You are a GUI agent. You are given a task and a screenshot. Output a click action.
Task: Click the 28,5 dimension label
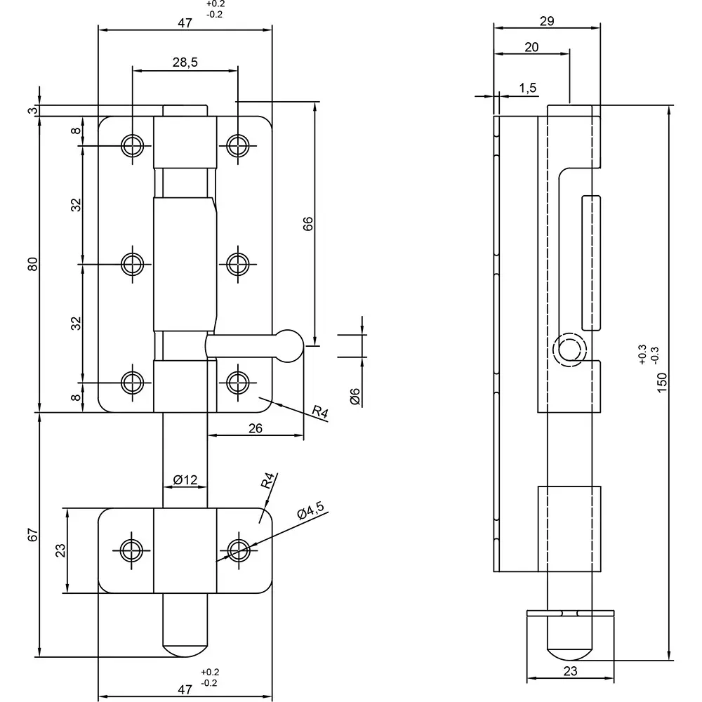tap(185, 62)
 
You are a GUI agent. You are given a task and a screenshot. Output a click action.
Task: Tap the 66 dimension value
tap(307, 223)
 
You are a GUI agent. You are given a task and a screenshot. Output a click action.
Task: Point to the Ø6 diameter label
tap(355, 396)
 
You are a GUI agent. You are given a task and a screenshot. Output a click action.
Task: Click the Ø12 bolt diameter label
tap(185, 480)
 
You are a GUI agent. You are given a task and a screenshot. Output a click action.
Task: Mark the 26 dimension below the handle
tap(255, 428)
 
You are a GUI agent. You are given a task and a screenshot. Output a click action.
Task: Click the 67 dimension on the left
tap(32, 534)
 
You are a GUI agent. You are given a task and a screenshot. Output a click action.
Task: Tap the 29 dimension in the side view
tap(547, 21)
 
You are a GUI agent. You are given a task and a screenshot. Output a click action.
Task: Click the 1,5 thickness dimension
tap(528, 87)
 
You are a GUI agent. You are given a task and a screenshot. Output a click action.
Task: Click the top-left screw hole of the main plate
tap(131, 145)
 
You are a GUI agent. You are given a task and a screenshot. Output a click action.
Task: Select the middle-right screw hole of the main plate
tap(238, 264)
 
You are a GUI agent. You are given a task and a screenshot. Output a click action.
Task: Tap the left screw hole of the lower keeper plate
tap(131, 550)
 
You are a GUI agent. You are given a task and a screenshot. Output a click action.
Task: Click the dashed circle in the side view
tap(567, 350)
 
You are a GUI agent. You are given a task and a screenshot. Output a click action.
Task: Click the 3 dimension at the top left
tap(32, 110)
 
